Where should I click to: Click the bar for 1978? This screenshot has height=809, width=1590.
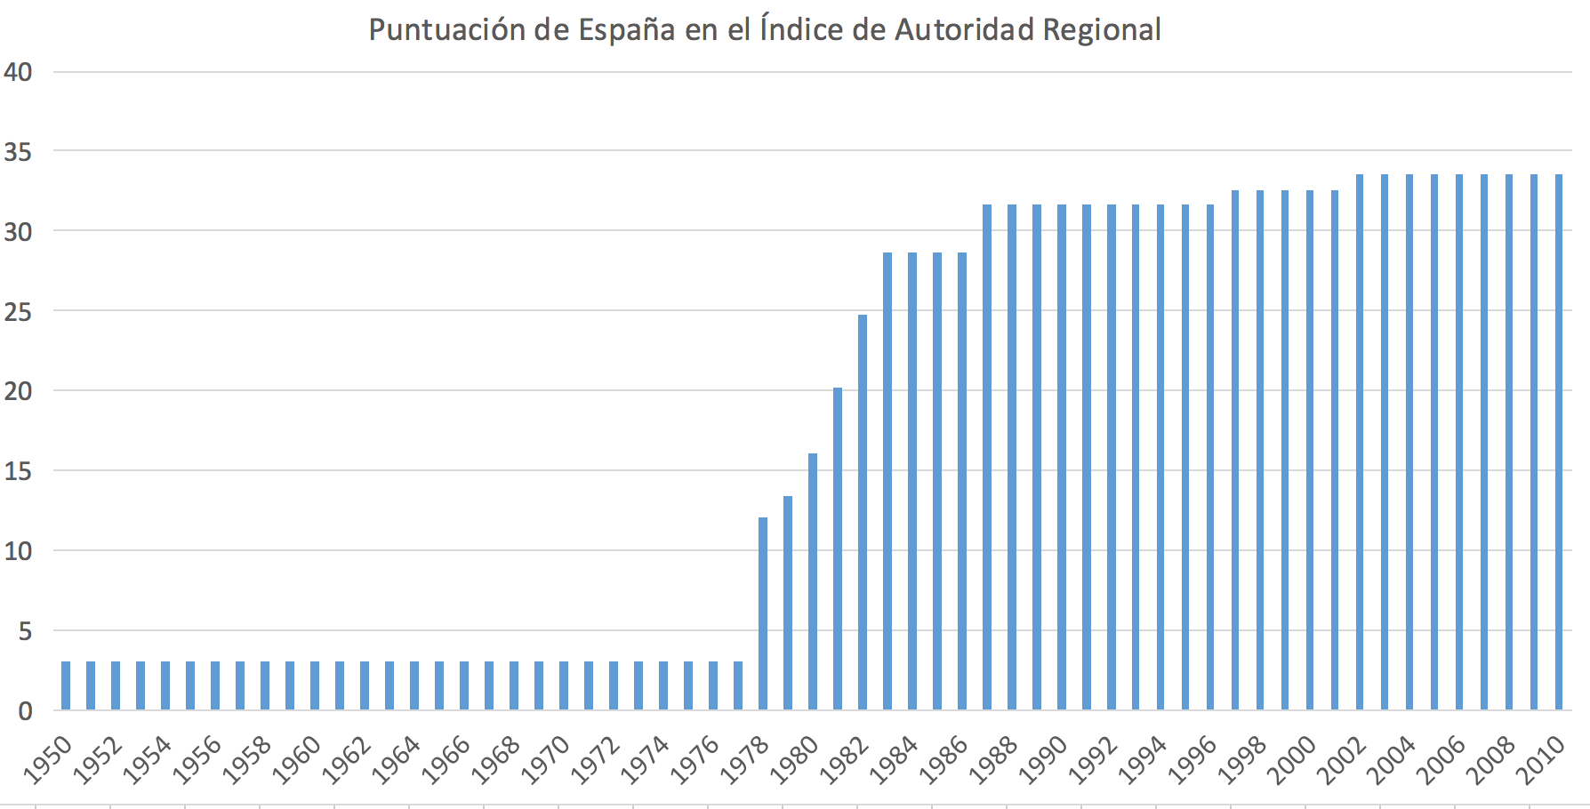[x=763, y=613]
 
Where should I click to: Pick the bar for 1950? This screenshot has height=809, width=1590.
[x=66, y=685]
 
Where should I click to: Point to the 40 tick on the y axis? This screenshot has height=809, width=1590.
[x=18, y=72]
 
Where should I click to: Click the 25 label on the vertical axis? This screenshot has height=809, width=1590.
[x=18, y=312]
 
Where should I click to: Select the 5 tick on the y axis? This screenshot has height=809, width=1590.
[x=25, y=631]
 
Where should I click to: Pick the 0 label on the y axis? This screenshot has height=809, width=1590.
[x=25, y=711]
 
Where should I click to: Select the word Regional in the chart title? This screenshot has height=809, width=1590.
[x=1102, y=30]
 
